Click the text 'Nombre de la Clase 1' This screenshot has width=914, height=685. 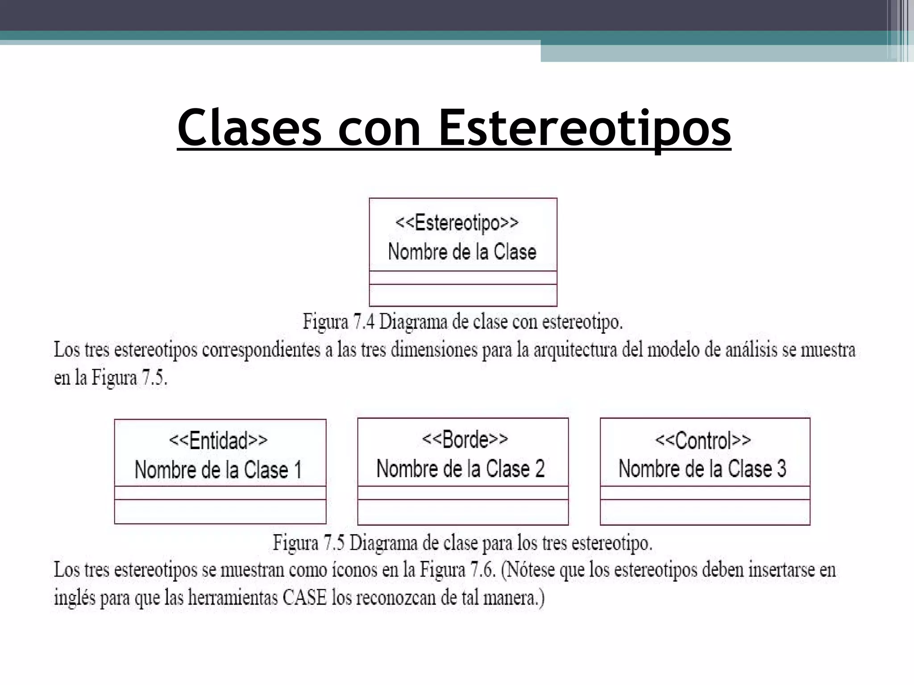pyautogui.click(x=218, y=470)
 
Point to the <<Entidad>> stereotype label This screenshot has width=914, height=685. pyautogui.click(x=218, y=441)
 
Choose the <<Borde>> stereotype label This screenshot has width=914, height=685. pyautogui.click(x=465, y=440)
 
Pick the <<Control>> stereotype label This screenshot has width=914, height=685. pyautogui.click(x=703, y=441)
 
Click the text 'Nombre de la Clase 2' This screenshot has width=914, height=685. pyautogui.click(x=461, y=469)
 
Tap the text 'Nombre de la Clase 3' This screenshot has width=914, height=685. pyautogui.click(x=702, y=469)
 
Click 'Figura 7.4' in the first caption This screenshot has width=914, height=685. pyautogui.click(x=339, y=322)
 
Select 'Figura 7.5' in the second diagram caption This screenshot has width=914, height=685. pyautogui.click(x=309, y=543)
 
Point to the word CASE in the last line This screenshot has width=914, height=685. pyautogui.click(x=305, y=598)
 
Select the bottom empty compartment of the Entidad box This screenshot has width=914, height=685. pyautogui.click(x=220, y=511)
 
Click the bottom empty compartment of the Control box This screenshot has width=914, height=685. pyautogui.click(x=705, y=512)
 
